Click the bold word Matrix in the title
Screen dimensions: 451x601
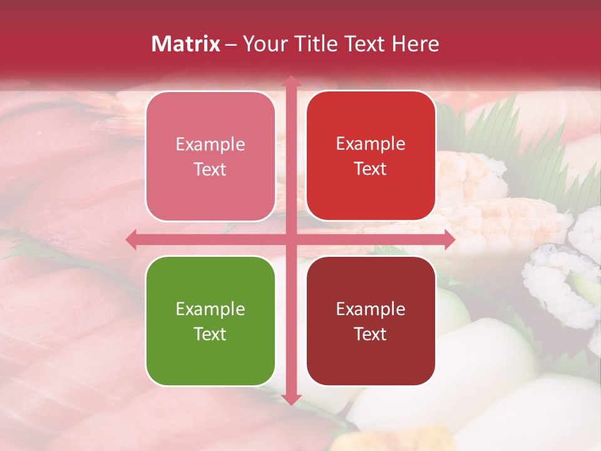tap(186, 44)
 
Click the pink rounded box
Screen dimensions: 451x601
tap(210, 156)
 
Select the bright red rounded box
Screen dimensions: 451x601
tap(371, 156)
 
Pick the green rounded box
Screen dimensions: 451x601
tap(210, 321)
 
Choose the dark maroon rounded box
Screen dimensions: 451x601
tap(371, 321)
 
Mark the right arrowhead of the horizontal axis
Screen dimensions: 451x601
tap(449, 239)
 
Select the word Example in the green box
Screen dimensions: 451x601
tap(210, 309)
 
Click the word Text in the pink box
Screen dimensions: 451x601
tap(210, 169)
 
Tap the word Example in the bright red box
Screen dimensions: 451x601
tap(371, 143)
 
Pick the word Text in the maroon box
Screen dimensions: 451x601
tap(371, 334)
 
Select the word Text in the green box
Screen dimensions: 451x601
tap(210, 334)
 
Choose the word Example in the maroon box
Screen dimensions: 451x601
tap(371, 309)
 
